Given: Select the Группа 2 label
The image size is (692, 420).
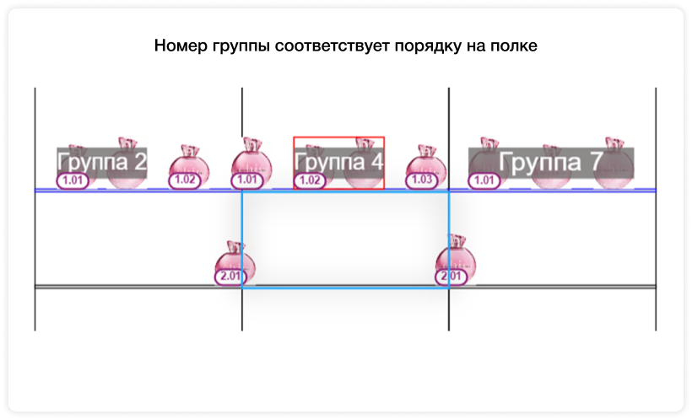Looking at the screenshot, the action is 102,162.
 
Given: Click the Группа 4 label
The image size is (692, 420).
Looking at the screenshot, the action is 339,162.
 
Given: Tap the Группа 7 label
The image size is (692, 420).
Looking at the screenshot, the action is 551,162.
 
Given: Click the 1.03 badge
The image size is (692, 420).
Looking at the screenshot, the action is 422,180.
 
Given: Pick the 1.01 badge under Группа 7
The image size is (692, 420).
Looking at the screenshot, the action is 484,180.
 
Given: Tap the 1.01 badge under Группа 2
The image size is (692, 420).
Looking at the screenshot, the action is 73,180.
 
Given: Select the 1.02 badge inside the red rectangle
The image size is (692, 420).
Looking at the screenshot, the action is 310,180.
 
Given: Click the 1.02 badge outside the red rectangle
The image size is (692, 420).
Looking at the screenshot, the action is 185,180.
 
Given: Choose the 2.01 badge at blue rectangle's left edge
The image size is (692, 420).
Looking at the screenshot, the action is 230,277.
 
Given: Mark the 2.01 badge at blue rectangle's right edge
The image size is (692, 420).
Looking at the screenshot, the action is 451,277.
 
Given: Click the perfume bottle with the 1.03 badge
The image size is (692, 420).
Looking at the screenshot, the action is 426,167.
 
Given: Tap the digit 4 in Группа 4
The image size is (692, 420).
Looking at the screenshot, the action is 376,161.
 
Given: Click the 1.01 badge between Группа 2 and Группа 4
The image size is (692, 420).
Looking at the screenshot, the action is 247,180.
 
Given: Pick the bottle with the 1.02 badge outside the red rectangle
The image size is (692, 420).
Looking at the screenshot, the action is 189,167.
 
